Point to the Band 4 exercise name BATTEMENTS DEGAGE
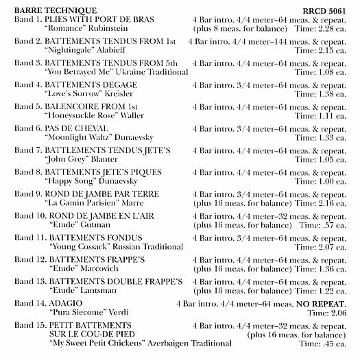click(x=93, y=85)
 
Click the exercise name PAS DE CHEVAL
click(x=79, y=128)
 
